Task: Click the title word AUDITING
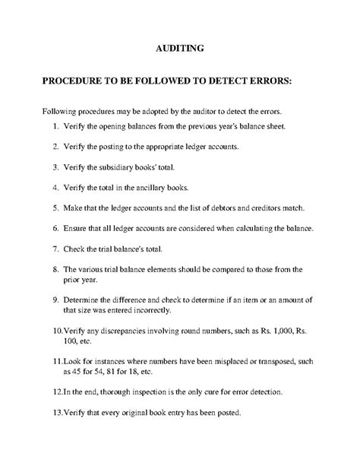pyautogui.click(x=179, y=49)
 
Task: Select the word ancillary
pyautogui.click(x=168, y=187)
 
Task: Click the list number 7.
pyautogui.click(x=56, y=249)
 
